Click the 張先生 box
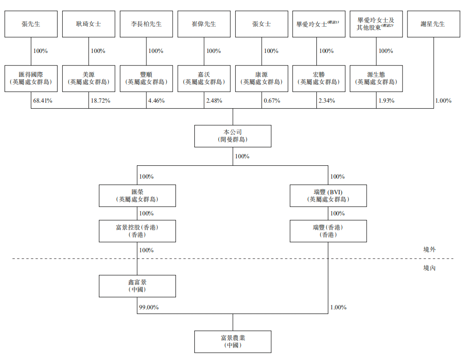click(x=31, y=24)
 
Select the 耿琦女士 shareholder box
click(x=88, y=24)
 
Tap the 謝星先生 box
click(x=433, y=24)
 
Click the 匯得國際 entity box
click(x=31, y=78)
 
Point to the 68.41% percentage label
click(x=42, y=100)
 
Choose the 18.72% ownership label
click(x=100, y=100)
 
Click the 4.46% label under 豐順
click(x=157, y=100)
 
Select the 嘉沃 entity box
click(x=204, y=78)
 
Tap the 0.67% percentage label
click(x=271, y=100)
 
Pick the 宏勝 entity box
click(x=319, y=78)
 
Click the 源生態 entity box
click(x=376, y=78)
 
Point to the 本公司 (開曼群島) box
click(x=233, y=136)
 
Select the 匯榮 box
click(x=137, y=195)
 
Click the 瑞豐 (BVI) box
click(x=328, y=195)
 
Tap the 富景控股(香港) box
click(x=137, y=231)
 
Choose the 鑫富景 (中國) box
click(x=137, y=286)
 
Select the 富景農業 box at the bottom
click(x=233, y=341)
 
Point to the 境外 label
click(x=429, y=250)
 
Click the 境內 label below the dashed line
click(x=429, y=268)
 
